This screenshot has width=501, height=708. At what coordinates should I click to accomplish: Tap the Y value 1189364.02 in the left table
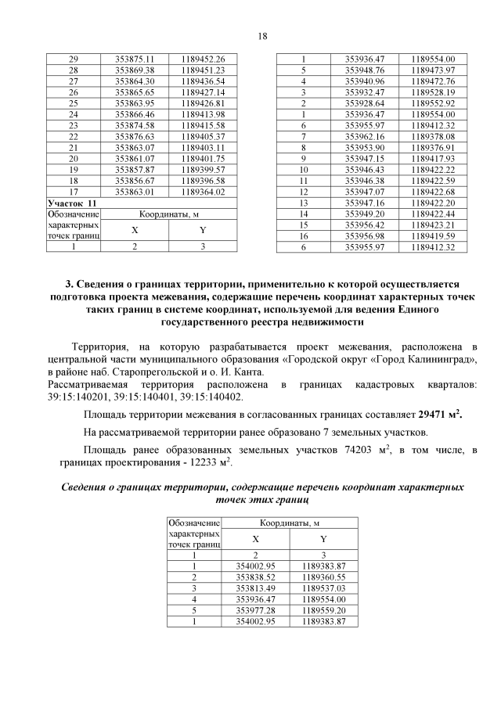[x=202, y=191]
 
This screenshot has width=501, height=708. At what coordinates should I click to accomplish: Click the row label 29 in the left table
[x=74, y=59]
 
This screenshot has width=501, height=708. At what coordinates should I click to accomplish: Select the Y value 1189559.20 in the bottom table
[x=323, y=609]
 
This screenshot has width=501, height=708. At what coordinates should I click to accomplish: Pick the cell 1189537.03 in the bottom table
[x=323, y=588]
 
